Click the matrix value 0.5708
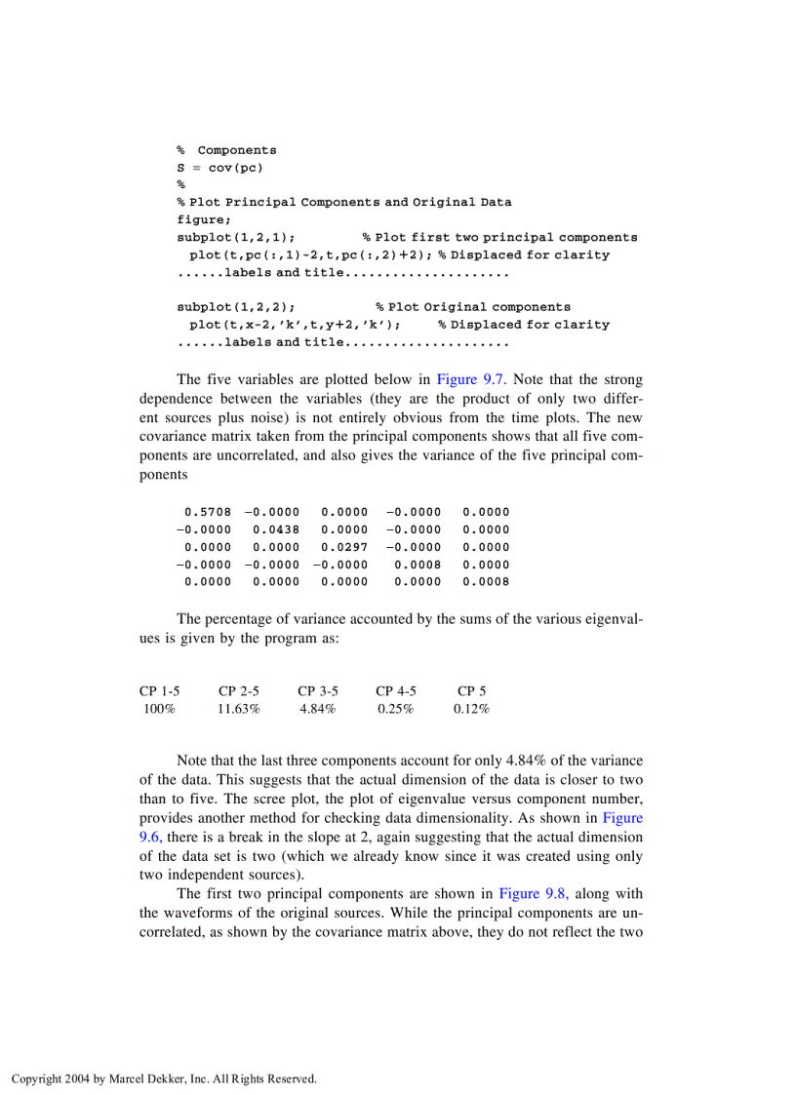[208, 512]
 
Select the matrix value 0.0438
[276, 529]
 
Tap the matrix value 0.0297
[344, 547]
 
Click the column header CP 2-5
[238, 691]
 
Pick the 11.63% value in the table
[238, 709]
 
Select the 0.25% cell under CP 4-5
[395, 709]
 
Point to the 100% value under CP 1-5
[159, 709]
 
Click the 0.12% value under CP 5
[471, 709]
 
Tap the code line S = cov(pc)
[219, 168]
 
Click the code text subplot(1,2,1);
[236, 238]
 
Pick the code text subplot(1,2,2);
[236, 307]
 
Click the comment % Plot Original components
[473, 307]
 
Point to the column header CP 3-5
[317, 691]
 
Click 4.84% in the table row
[317, 709]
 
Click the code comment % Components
[226, 150]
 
